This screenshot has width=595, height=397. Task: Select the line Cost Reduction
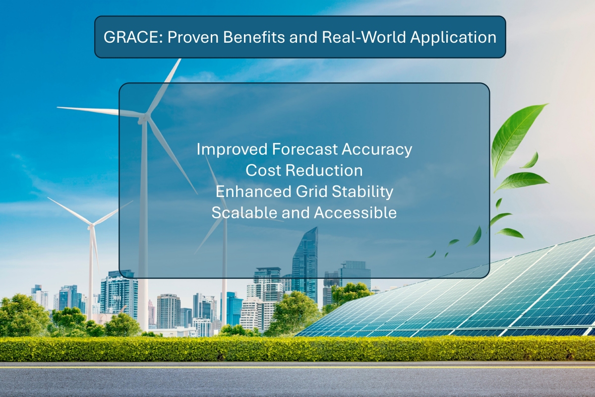click(x=304, y=170)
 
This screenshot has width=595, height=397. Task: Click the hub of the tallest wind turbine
click(x=144, y=118)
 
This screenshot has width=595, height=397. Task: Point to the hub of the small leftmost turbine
click(x=91, y=226)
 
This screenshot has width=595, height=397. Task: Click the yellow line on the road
click(x=297, y=368)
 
